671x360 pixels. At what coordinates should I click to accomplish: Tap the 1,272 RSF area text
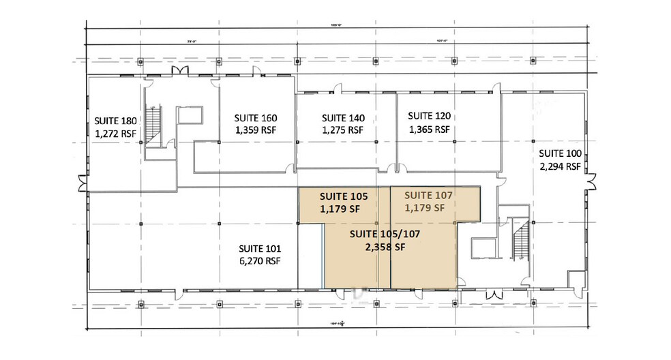(x=115, y=134)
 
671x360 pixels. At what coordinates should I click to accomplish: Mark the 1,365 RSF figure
(x=430, y=129)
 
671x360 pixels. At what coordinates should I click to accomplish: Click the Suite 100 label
(x=559, y=153)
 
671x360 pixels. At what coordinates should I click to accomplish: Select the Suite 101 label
(x=259, y=248)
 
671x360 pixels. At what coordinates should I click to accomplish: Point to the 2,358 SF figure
(x=386, y=247)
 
